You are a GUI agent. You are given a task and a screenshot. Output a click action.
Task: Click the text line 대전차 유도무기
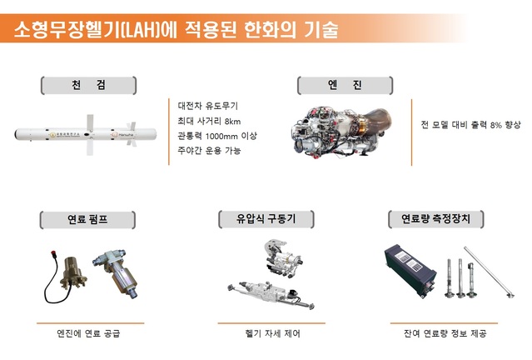click(x=208, y=106)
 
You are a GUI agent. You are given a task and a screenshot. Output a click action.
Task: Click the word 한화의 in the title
click(x=269, y=32)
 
